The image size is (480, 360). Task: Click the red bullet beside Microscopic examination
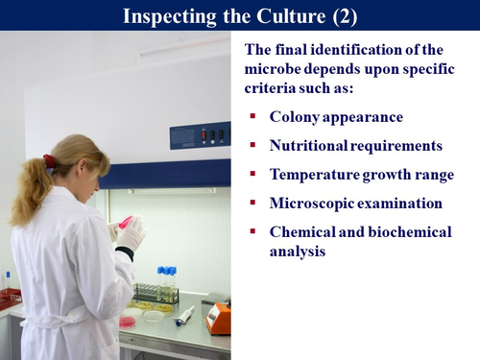[252, 204]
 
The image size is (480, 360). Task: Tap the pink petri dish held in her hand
[125, 222]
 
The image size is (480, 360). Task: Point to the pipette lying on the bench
[186, 315]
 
